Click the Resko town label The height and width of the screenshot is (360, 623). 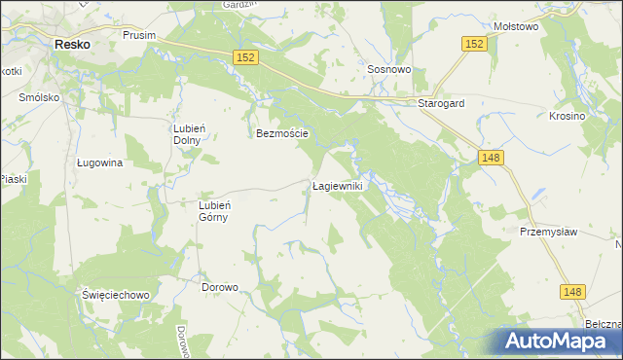coord(72,44)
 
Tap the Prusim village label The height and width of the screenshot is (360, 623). coord(140,35)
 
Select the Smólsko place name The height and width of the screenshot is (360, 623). coord(40,98)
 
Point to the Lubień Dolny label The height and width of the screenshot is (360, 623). coord(188,133)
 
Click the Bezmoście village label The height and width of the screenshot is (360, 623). coord(282,133)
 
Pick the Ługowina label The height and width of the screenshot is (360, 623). coord(99,163)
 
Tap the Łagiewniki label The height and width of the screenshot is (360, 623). coord(338,185)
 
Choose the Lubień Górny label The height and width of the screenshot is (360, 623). coord(213,210)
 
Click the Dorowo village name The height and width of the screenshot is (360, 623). coord(220,287)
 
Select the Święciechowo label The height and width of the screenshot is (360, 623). coord(114,295)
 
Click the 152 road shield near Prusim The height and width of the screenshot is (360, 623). coord(245,59)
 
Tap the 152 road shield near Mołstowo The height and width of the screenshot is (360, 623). coord(474,44)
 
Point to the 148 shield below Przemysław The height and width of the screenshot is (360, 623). coord(572,291)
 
